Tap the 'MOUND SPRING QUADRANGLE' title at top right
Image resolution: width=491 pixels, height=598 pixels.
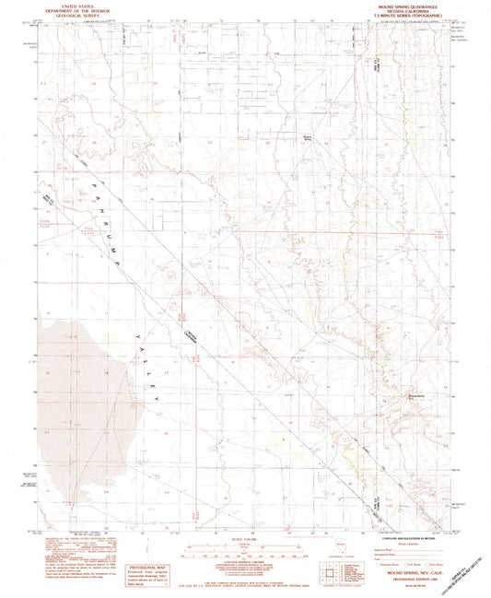pyautogui.click(x=405, y=6)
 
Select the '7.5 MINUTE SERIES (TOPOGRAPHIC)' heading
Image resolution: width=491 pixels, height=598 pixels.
pyautogui.click(x=405, y=17)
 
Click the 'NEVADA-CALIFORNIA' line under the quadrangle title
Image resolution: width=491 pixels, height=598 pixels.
pyautogui.click(x=405, y=11)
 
